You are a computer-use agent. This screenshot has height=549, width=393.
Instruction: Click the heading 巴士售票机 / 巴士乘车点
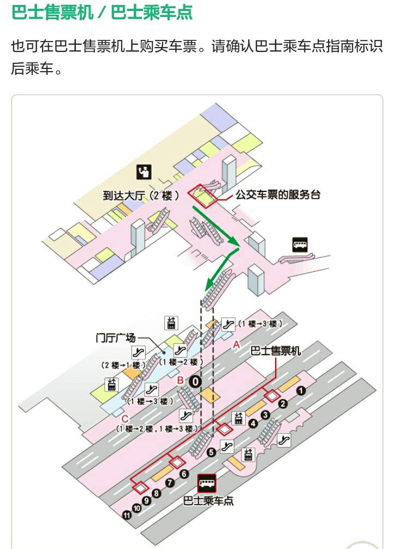tap(102, 13)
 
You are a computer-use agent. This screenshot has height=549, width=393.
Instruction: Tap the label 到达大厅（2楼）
tap(141, 195)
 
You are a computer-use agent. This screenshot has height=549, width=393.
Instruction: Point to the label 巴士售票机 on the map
tap(275, 351)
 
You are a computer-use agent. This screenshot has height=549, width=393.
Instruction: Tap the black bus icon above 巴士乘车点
tap(207, 482)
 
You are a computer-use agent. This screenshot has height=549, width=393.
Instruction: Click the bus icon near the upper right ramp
tap(300, 244)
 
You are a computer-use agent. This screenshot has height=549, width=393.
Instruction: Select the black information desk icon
tap(144, 172)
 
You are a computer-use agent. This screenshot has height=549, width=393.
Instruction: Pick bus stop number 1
tap(300, 390)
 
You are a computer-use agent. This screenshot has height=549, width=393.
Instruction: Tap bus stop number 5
tap(211, 452)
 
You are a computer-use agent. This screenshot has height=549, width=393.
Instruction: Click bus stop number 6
tap(184, 474)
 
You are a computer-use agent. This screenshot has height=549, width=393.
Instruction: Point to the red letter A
tap(236, 344)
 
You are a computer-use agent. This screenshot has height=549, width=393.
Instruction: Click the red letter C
tap(125, 419)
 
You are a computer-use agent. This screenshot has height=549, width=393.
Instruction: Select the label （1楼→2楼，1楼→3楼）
tap(157, 429)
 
